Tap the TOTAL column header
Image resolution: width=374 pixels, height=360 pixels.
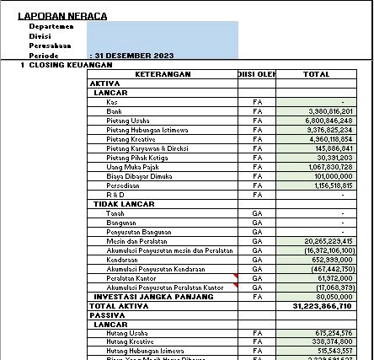[315, 74]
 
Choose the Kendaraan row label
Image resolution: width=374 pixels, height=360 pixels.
[123, 259]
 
